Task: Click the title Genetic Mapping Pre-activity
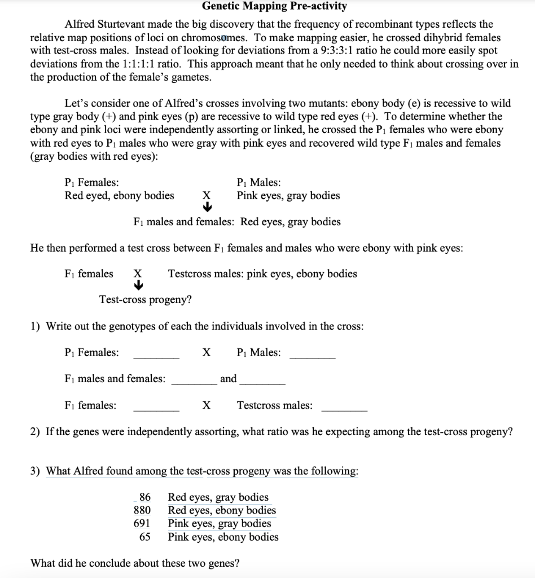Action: tap(274, 7)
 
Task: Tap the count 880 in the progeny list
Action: tap(142, 511)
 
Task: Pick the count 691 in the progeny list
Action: tap(142, 524)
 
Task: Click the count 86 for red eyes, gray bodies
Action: tap(145, 498)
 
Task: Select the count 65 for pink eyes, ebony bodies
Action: tap(145, 537)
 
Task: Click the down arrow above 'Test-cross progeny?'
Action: tap(137, 286)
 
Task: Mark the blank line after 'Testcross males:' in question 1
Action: tap(344, 410)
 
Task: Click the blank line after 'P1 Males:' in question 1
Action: tap(312, 358)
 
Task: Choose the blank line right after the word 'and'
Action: tap(262, 384)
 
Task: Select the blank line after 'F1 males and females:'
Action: tap(194, 384)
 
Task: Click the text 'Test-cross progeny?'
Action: tap(146, 300)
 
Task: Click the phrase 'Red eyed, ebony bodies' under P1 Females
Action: tap(120, 196)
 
